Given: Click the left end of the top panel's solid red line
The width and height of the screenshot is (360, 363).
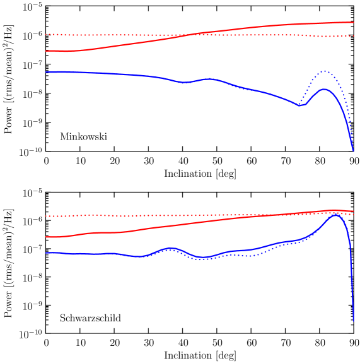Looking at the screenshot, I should (46, 51).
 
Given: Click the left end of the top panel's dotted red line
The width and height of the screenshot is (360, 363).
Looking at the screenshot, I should (46, 34).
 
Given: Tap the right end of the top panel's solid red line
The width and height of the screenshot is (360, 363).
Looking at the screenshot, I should (353, 22).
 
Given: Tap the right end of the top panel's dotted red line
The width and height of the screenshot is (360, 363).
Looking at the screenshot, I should (353, 36).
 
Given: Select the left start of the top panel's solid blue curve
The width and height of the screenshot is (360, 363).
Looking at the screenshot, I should (46, 72).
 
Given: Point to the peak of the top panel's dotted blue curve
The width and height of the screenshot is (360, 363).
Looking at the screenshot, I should (324, 71).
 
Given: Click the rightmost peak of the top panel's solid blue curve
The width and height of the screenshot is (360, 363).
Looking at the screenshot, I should (324, 88).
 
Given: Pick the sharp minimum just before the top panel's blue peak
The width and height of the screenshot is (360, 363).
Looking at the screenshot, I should (301, 105).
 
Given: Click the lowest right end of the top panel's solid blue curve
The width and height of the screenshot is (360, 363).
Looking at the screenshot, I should (353, 150).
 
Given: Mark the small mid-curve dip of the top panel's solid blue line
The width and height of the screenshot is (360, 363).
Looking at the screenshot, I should (183, 82).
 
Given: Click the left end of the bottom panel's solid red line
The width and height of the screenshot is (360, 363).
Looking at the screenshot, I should (46, 237).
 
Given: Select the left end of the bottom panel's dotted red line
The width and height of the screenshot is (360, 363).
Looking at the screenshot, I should (46, 216).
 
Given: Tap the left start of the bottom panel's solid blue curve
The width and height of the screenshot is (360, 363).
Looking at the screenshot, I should (46, 253).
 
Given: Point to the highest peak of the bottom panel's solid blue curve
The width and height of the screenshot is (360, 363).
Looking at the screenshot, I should (335, 215).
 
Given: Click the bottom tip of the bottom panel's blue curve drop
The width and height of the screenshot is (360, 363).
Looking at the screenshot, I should (353, 321).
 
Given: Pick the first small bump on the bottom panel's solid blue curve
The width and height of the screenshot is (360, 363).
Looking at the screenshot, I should (170, 248).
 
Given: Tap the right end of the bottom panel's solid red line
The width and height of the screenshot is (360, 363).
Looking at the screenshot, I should (353, 211).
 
